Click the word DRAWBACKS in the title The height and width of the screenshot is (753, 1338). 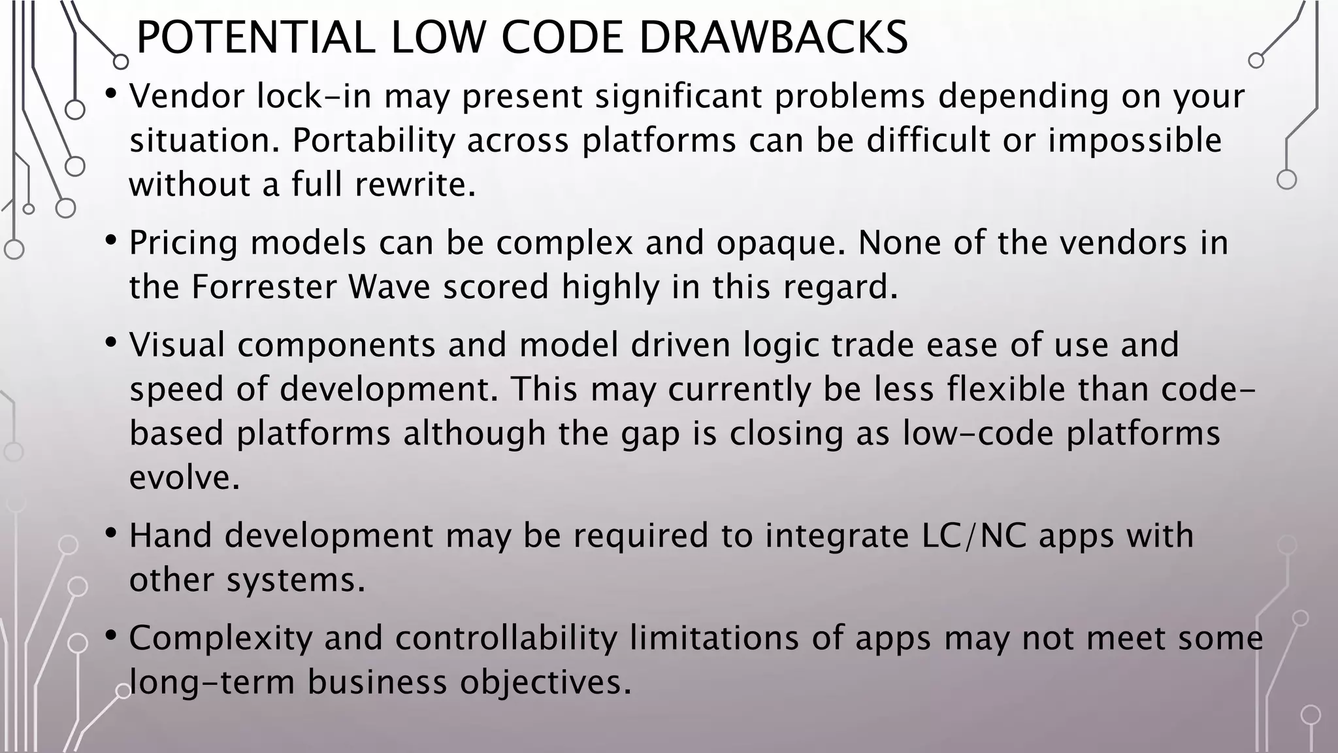pyautogui.click(x=773, y=38)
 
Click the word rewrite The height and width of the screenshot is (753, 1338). pyautogui.click(x=415, y=184)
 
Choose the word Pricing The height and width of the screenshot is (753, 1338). pyautogui.click(x=184, y=243)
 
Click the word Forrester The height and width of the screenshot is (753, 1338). pyautogui.click(x=263, y=287)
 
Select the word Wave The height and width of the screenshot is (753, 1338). pyautogui.click(x=389, y=287)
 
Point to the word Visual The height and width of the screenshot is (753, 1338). pyautogui.click(x=177, y=344)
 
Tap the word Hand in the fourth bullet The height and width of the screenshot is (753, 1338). pyautogui.click(x=171, y=535)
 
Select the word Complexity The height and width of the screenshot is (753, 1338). pyautogui.click(x=221, y=639)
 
